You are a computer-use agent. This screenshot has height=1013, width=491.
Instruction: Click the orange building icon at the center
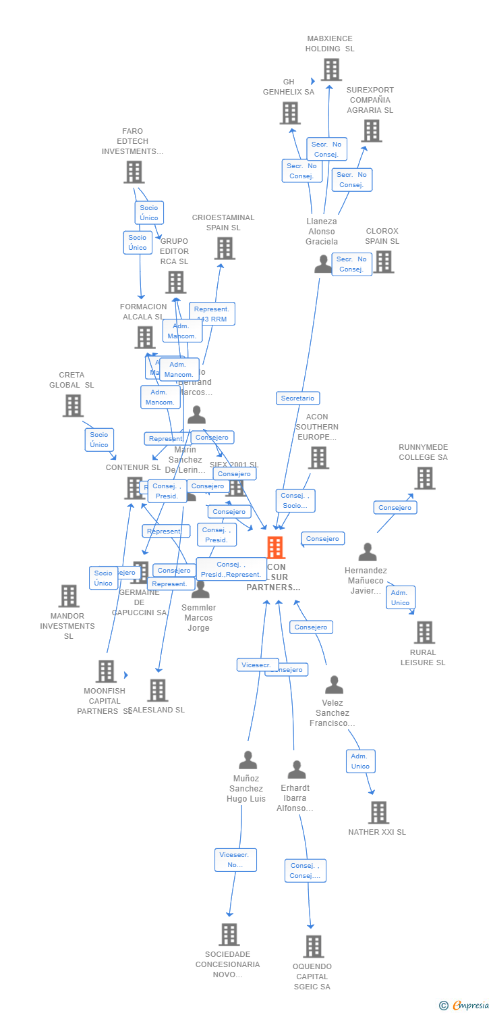coord(275,548)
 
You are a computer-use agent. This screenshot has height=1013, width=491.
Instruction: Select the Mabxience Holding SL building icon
coord(330,70)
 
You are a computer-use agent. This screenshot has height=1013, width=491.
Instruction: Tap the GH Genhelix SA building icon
coord(289,113)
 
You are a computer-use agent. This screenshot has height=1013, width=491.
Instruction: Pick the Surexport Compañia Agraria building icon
coord(371,130)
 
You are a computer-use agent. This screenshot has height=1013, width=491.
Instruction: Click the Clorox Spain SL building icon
coord(384,261)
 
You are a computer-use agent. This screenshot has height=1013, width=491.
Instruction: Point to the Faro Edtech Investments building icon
coord(134,172)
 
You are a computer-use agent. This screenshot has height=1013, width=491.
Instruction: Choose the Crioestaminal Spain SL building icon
coord(224,248)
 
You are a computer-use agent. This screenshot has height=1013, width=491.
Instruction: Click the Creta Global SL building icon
coord(72,405)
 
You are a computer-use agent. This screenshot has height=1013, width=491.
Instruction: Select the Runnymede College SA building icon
coord(424,477)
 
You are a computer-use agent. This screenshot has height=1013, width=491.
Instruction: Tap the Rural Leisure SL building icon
coord(424,632)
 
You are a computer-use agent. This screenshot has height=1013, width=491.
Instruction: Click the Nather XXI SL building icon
coord(378,812)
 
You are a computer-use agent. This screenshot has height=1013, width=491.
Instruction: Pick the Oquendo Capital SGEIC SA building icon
coord(313,946)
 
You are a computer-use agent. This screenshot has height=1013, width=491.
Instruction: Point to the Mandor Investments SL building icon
coord(68,596)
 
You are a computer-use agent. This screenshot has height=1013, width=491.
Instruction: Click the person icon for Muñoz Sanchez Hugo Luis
coord(248,760)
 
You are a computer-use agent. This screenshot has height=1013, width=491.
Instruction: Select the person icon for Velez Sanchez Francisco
coord(334,685)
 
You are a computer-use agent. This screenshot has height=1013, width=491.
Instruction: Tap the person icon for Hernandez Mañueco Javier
coord(367,552)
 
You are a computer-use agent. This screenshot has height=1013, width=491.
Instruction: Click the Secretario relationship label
coord(297,398)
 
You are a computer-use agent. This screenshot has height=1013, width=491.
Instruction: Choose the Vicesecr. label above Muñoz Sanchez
coord(256,665)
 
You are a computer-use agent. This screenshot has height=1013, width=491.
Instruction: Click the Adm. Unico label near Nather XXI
coord(360,761)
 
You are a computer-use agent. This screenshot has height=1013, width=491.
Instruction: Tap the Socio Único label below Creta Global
coord(99,440)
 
